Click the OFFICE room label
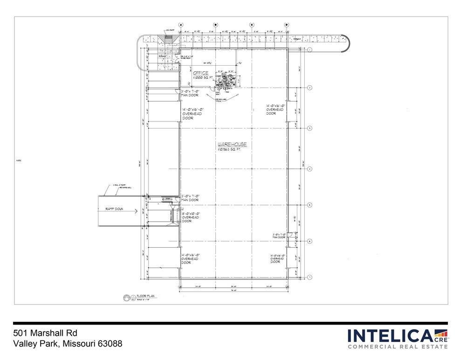click(201, 73)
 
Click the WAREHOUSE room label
click(232, 145)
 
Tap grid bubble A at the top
click(181, 25)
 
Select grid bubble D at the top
click(286, 25)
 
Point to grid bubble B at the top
click(216, 25)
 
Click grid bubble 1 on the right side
click(309, 49)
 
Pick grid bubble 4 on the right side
click(309, 169)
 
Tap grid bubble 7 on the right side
click(309, 277)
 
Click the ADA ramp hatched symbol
click(168, 38)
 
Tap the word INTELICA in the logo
click(390, 336)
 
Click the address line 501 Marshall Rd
click(45, 333)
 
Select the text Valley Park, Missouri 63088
click(68, 344)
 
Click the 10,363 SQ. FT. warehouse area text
click(232, 150)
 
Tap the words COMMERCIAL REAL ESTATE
click(397, 346)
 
